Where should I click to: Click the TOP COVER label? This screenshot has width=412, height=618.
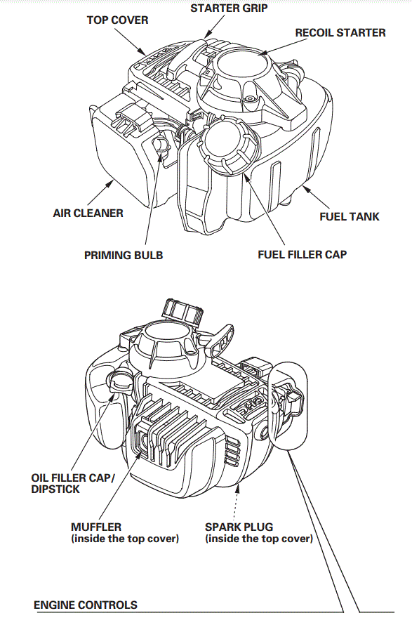point(117,20)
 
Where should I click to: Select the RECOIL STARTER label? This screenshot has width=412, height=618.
point(340,33)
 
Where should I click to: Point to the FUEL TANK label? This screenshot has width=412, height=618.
point(349,216)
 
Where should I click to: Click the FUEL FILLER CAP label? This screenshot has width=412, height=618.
point(302,254)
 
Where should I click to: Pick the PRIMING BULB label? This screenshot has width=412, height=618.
point(124,255)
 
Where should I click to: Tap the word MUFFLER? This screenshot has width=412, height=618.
point(96,527)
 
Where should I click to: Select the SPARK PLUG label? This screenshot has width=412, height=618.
point(239,527)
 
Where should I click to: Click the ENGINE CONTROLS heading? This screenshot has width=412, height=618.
point(86,605)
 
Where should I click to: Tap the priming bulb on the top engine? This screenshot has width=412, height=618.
point(161,146)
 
